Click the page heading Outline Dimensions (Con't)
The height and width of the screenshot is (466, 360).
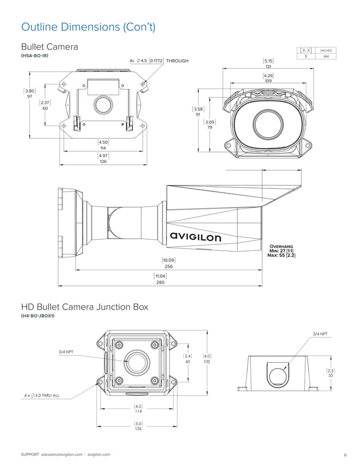coord(87,27)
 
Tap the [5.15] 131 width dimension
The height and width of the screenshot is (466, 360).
coord(268,63)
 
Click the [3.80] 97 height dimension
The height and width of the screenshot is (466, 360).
coord(29,93)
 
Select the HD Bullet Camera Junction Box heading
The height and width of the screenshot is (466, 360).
coord(85,307)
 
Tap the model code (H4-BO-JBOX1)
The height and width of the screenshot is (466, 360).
coord(38,316)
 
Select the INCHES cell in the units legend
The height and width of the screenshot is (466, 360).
coord(326,50)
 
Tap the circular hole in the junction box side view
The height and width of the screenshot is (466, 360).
coord(276,375)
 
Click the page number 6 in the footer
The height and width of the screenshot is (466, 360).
coord(344,454)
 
